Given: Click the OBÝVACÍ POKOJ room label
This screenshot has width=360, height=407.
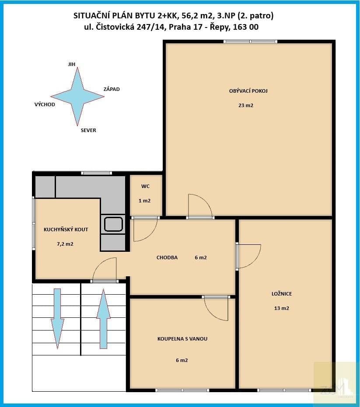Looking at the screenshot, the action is (248, 91).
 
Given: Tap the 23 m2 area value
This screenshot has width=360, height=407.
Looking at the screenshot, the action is (246, 105).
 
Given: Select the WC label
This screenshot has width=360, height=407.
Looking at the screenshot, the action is (146, 186).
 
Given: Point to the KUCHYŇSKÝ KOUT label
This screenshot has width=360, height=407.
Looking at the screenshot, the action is (66, 230).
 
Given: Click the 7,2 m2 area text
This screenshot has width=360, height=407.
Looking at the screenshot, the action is (65, 244).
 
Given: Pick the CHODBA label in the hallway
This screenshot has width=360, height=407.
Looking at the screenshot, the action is (167, 257).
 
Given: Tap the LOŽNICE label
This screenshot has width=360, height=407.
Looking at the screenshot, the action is (282, 294).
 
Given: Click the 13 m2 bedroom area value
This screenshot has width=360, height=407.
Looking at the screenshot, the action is (282, 308).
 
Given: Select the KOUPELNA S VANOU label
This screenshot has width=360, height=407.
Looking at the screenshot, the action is (182, 339).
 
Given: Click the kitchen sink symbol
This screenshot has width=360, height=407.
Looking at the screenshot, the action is (113, 224).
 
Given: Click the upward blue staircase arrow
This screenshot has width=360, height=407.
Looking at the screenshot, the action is (103, 319).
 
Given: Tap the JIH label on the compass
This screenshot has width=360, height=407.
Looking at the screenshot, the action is (72, 64).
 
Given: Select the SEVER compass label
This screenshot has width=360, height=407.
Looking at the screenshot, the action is (88, 130).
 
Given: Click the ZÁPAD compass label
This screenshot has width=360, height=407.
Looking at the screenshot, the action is (112, 89).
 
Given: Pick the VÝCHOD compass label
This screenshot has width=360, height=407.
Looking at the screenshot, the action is (45, 104).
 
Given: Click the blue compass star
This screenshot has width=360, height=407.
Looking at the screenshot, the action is (77, 97).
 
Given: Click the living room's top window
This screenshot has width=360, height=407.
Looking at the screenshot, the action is (250, 42).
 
